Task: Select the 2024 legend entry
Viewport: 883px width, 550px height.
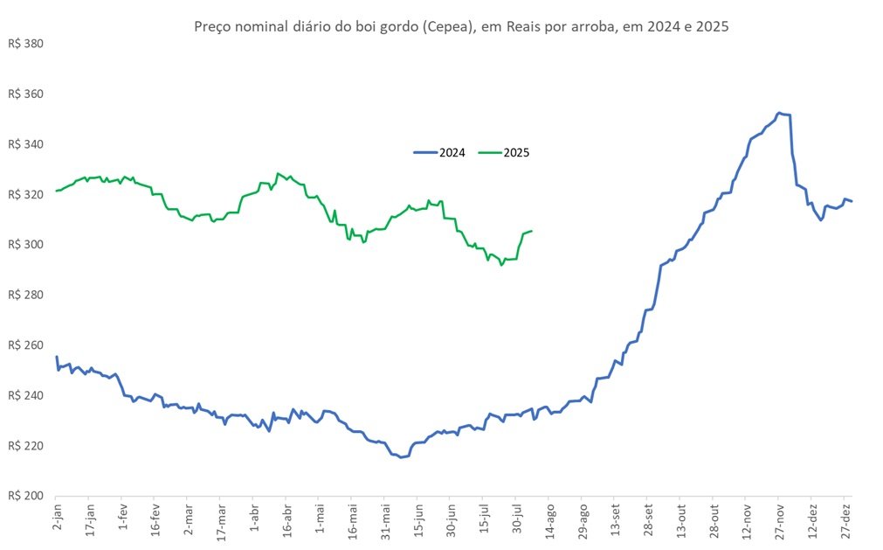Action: click(439, 153)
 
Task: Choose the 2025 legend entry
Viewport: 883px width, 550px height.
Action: click(504, 153)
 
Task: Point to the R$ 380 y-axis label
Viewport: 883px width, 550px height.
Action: click(25, 44)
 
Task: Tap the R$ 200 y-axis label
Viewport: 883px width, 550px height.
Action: click(25, 496)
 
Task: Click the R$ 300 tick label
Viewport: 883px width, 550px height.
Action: click(25, 245)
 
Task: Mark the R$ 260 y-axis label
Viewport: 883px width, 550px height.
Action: click(25, 345)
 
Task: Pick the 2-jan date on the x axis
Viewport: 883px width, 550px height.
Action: click(57, 519)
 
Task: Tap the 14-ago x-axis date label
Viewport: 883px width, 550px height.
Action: click(550, 521)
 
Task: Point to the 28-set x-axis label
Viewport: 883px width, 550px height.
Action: click(649, 520)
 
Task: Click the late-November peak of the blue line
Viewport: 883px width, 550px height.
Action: click(778, 113)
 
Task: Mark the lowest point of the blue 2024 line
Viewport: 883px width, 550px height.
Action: click(401, 457)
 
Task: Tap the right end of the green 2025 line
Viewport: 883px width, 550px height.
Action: click(532, 231)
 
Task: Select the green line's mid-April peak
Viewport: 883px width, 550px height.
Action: click(278, 173)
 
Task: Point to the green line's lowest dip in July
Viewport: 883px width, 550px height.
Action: click(501, 265)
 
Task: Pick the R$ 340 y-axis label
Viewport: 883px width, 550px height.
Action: click(25, 144)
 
